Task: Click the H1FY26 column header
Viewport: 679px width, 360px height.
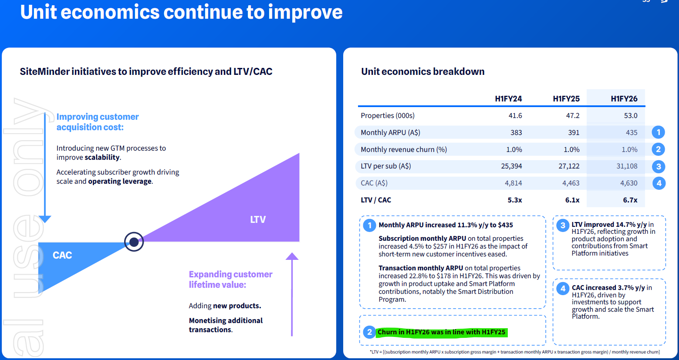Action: (x=624, y=99)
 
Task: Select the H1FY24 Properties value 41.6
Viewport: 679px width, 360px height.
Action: (x=515, y=115)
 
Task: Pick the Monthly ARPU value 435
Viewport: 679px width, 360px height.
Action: (x=632, y=132)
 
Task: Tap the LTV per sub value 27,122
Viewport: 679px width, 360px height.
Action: (x=569, y=166)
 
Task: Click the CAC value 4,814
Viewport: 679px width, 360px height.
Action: (x=513, y=183)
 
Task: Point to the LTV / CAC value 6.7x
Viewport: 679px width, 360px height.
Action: (x=630, y=200)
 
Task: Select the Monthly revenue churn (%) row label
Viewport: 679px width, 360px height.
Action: (x=404, y=149)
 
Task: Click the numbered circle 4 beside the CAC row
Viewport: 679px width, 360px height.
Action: (x=659, y=183)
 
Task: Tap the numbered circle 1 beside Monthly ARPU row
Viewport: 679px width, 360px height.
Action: (x=659, y=132)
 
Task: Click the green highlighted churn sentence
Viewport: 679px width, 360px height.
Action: (x=441, y=332)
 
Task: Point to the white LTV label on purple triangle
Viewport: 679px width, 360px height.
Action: (x=258, y=219)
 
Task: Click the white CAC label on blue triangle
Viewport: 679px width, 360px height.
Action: (x=62, y=255)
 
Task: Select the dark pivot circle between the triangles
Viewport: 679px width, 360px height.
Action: (x=134, y=242)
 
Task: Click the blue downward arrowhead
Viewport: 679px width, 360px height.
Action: (x=45, y=219)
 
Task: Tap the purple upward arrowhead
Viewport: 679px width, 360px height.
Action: (x=292, y=256)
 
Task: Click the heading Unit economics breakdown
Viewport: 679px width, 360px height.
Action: (x=422, y=71)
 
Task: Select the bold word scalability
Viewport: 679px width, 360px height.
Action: (x=102, y=157)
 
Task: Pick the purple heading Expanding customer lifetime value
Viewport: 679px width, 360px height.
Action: (x=231, y=279)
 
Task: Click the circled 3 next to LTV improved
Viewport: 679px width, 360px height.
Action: (x=563, y=225)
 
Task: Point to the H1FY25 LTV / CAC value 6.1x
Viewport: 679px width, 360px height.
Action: (x=572, y=200)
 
